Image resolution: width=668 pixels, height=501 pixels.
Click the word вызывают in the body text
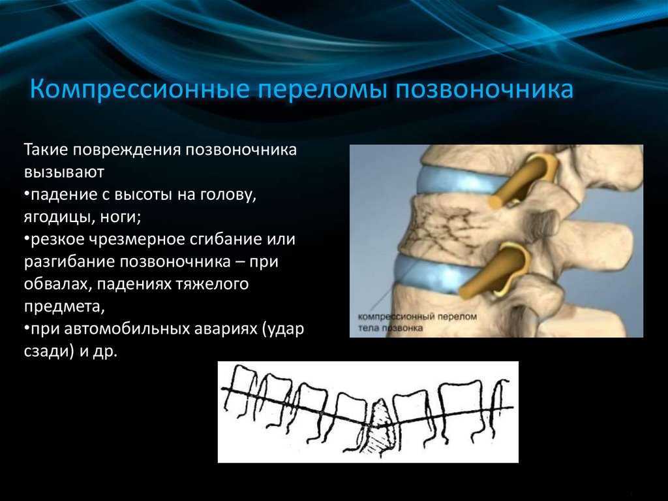tap(64, 172)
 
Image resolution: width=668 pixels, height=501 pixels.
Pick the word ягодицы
tap(58, 218)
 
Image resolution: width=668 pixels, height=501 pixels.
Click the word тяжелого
tap(212, 283)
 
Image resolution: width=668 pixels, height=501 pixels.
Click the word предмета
tap(64, 307)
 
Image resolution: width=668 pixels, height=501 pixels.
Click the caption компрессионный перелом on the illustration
tap(417, 317)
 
